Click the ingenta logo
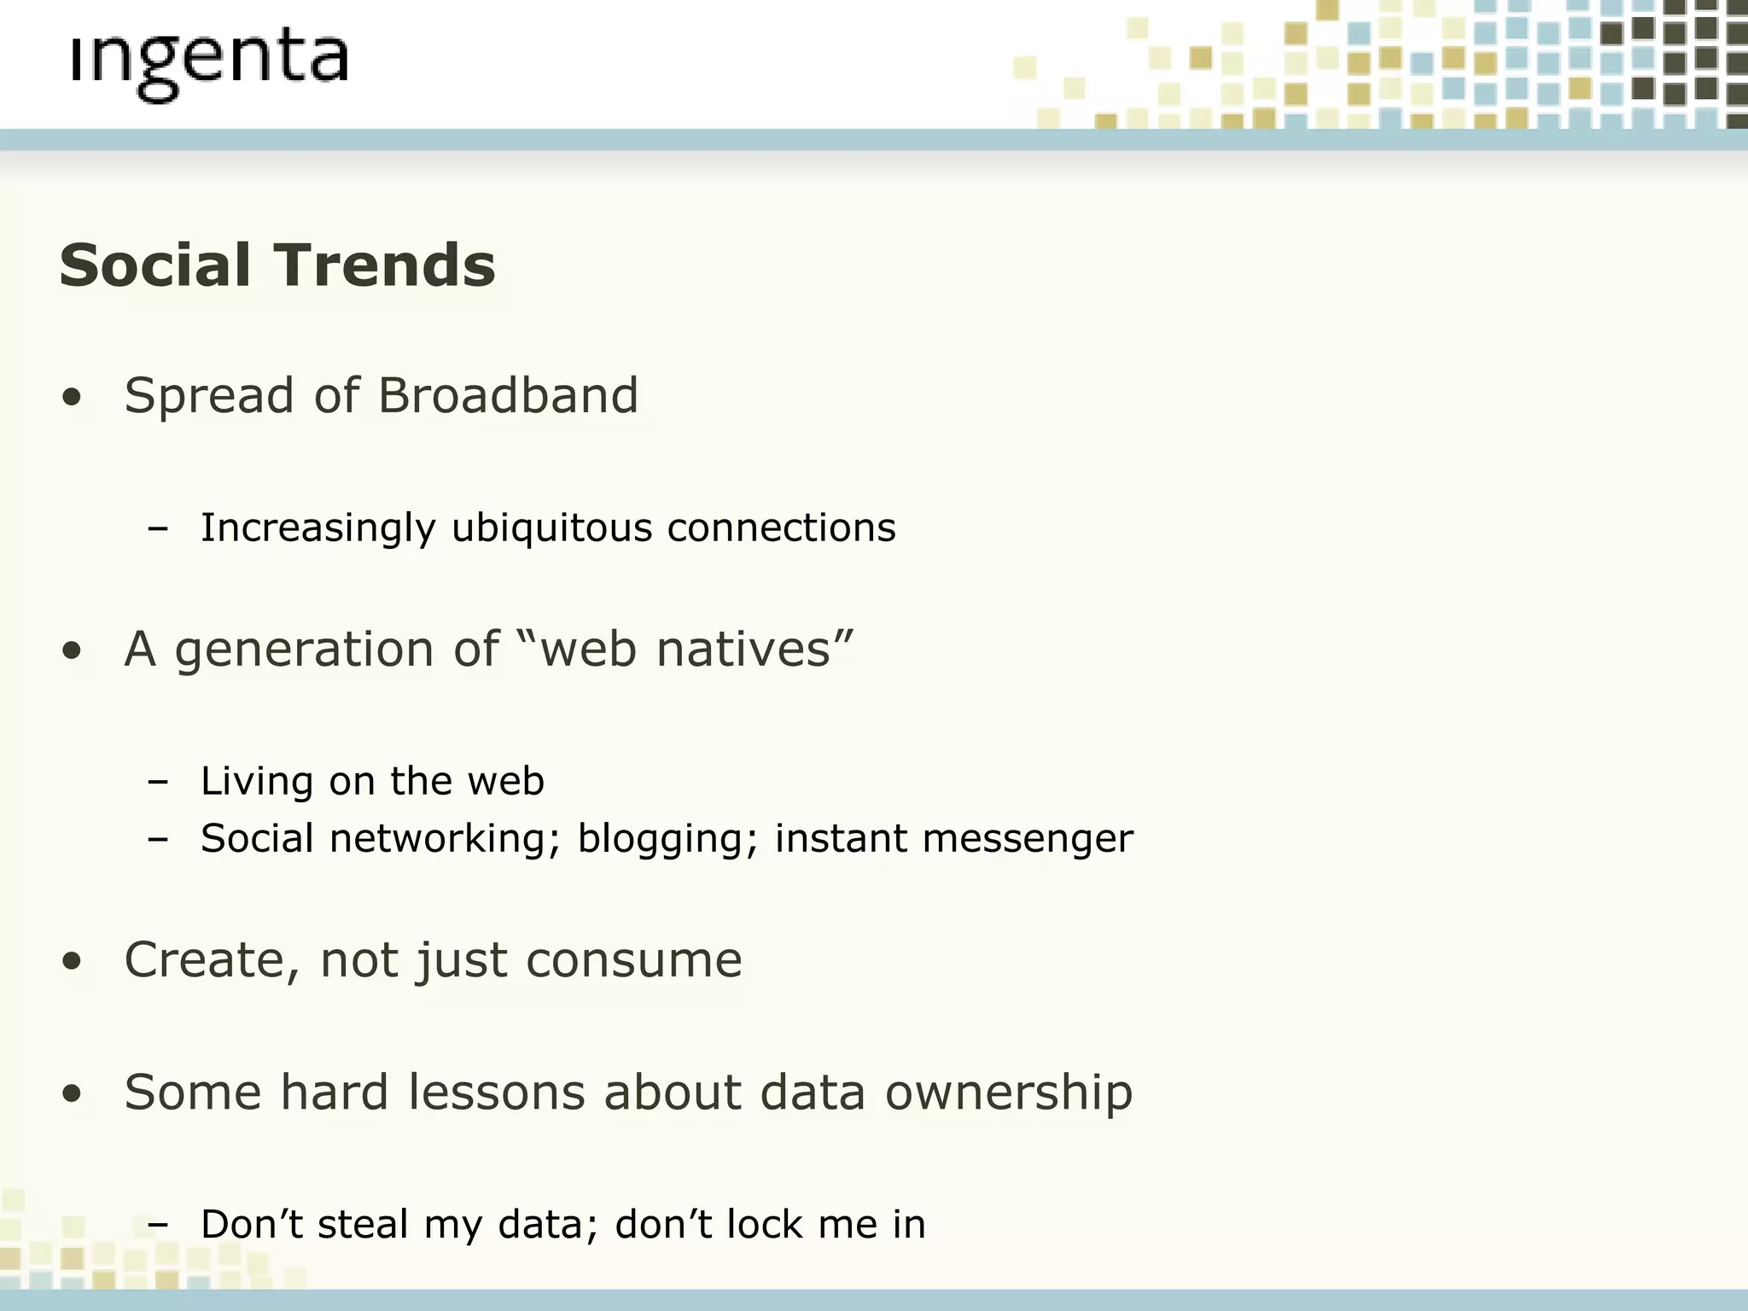coord(209,64)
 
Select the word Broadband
coord(508,396)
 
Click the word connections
coord(781,528)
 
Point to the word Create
coord(212,960)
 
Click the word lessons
coord(496,1092)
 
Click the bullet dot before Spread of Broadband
coord(73,398)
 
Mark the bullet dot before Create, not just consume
coord(73,962)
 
